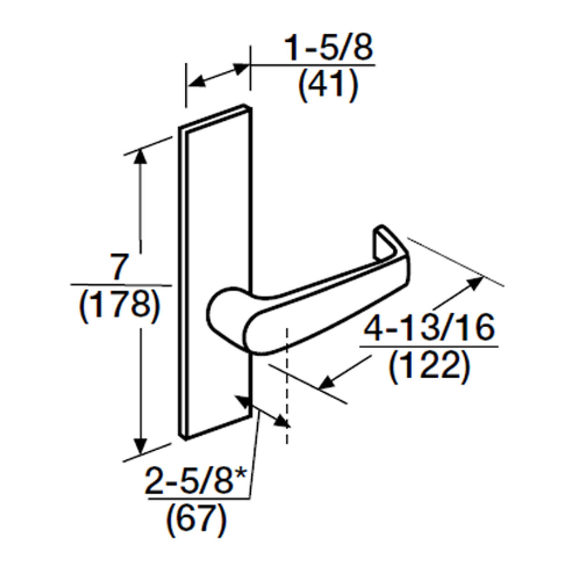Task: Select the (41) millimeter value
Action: [x=328, y=85]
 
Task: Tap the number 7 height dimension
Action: [x=119, y=268]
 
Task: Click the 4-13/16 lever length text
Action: [x=429, y=328]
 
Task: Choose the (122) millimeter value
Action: [x=428, y=365]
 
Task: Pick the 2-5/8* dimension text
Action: [x=195, y=480]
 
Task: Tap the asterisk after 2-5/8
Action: [x=240, y=474]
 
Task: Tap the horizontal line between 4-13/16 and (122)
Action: [x=428, y=346]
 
